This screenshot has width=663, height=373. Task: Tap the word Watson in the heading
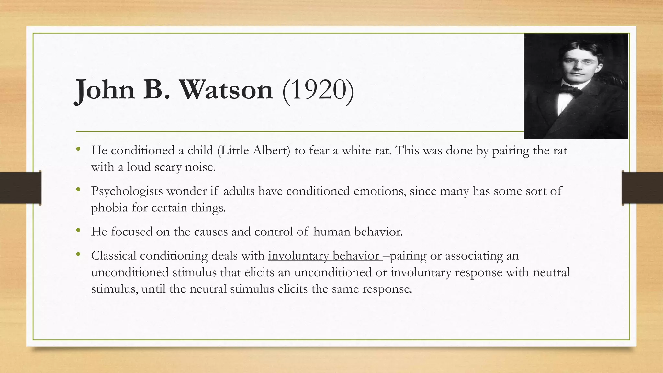click(x=226, y=90)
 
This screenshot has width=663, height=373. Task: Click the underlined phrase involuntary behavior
click(x=324, y=256)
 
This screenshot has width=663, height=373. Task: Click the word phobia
click(x=109, y=208)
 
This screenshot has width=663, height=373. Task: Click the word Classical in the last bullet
click(x=114, y=256)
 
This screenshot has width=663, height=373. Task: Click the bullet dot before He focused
click(x=78, y=231)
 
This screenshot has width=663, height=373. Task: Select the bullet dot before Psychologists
click(x=78, y=190)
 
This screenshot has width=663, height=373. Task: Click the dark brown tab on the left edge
click(x=20, y=188)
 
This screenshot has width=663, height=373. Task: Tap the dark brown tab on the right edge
click(x=643, y=188)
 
